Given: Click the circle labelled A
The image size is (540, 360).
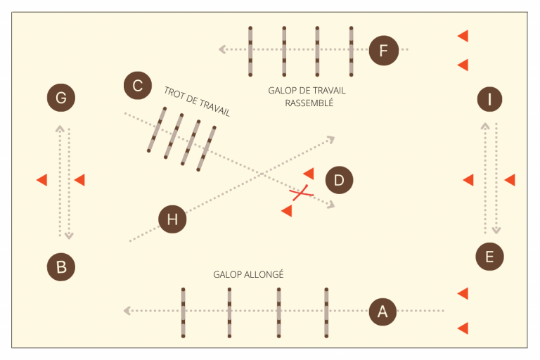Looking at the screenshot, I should point(382,311).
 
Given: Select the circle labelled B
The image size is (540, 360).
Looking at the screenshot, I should point(61,267).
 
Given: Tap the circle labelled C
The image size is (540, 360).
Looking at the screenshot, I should point(137,86).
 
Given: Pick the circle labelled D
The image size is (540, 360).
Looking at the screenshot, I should point(339,181).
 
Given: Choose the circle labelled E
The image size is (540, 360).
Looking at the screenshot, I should point(489,257).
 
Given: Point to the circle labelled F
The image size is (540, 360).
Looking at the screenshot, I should point(383,51).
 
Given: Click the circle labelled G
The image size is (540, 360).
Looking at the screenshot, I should point(61,98).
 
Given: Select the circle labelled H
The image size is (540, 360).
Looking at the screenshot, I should point(172,220).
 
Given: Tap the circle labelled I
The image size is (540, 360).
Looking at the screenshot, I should point(489,99).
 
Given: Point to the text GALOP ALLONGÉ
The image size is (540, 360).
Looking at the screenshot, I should point(248,274).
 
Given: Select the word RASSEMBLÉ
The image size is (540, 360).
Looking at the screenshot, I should point(309,103).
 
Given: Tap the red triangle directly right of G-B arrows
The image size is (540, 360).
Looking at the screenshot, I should point(79,180).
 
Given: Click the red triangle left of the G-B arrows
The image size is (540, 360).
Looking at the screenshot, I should point(41,180).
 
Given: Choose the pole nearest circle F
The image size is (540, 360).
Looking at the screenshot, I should point(351,51).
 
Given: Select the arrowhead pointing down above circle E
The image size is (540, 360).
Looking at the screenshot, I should point(496,231).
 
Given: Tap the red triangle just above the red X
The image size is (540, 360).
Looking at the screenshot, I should point(308,173).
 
